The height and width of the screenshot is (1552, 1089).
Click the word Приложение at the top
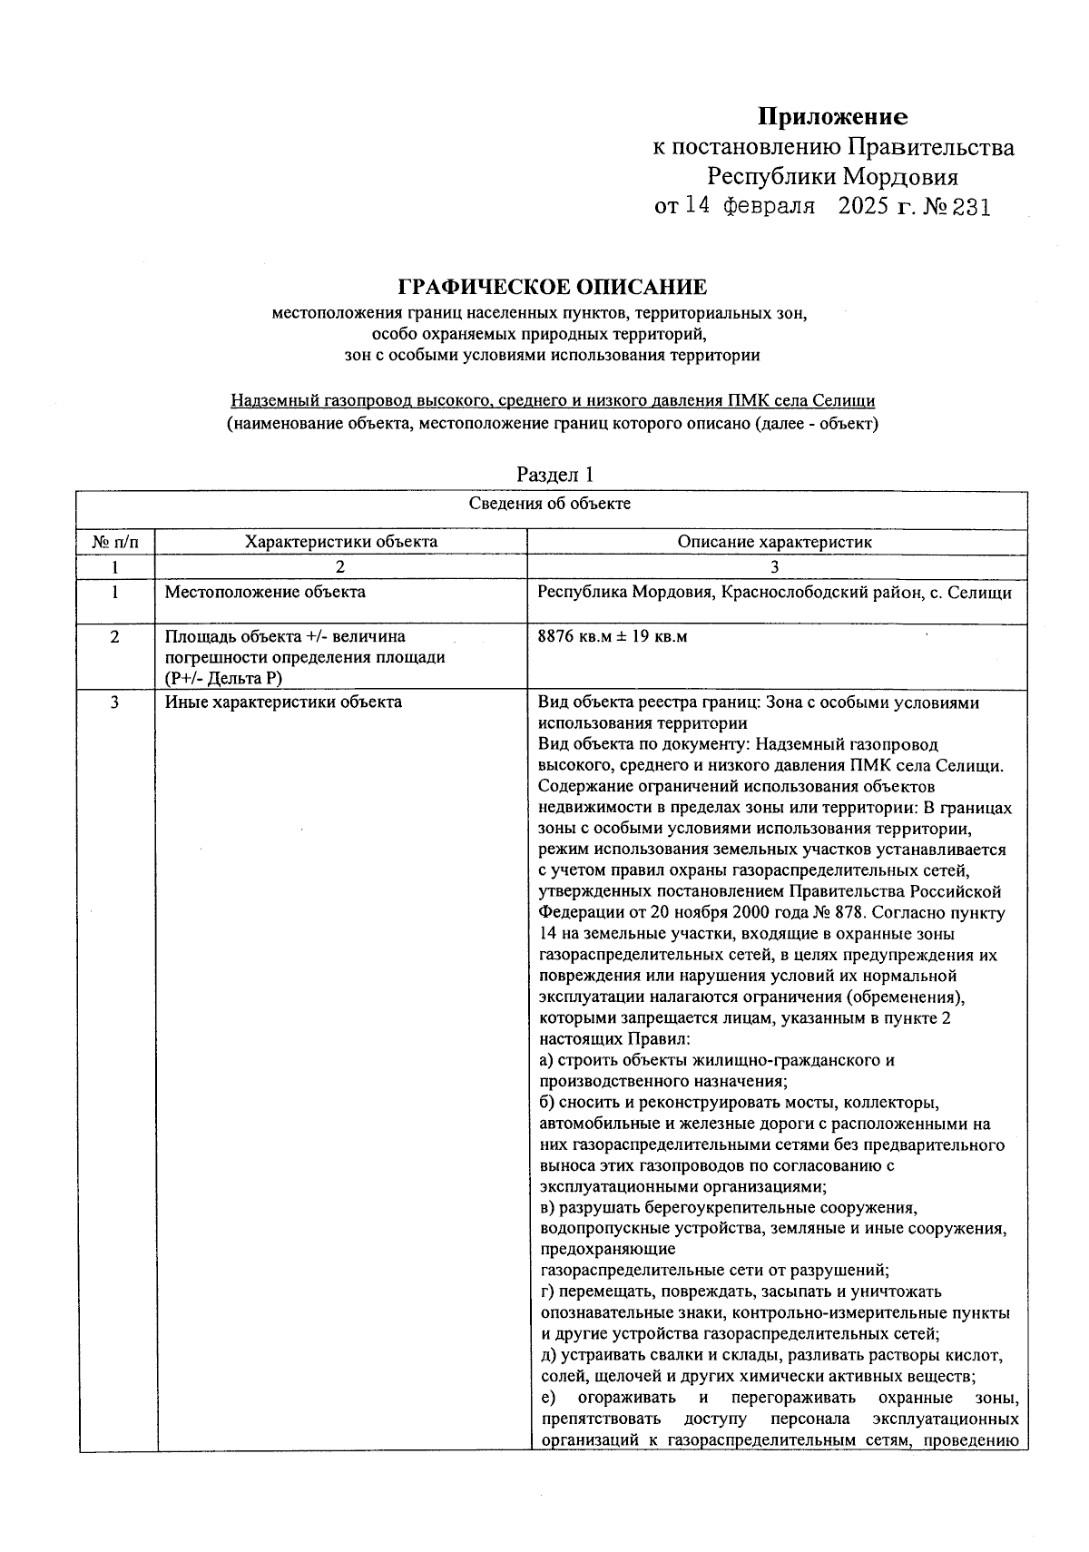click(x=832, y=117)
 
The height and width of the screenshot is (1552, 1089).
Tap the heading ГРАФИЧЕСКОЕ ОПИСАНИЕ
click(x=552, y=288)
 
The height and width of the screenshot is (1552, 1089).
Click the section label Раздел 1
click(x=554, y=474)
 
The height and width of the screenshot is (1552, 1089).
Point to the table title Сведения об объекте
click(x=550, y=504)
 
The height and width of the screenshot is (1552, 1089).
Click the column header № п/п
click(x=115, y=542)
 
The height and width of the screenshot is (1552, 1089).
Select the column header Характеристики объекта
click(x=341, y=542)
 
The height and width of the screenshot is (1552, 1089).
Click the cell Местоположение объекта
click(x=265, y=593)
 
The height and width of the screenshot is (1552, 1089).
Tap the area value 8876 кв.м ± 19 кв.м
click(x=613, y=636)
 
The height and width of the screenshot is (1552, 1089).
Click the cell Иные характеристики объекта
click(x=283, y=702)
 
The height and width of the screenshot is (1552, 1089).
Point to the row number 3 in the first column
click(x=115, y=702)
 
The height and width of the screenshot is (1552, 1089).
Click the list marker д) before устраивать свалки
click(x=547, y=1356)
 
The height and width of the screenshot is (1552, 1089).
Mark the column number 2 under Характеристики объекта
click(x=340, y=567)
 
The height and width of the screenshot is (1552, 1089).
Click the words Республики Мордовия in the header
click(x=832, y=176)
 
